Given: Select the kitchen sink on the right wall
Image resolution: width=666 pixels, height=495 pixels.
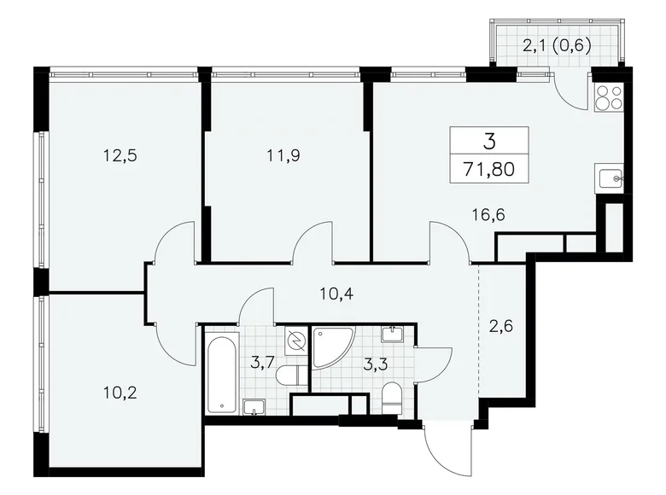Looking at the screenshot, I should pyautogui.click(x=611, y=178).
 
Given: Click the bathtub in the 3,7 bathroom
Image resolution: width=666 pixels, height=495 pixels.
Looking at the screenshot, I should pyautogui.click(x=222, y=374).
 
